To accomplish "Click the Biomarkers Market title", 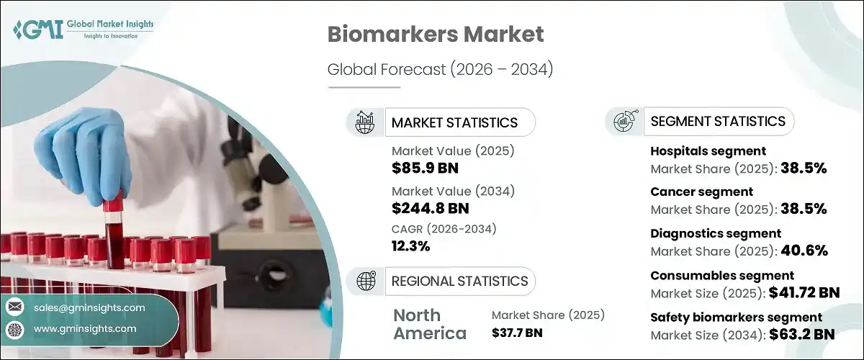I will point(436,35).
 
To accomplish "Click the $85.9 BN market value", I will point(425,169).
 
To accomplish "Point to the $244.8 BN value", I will point(431,209).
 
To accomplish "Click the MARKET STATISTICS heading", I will point(454,122).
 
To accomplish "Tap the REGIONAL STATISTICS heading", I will point(459,281).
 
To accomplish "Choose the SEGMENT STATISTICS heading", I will point(718,121).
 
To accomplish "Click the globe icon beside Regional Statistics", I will point(366,281).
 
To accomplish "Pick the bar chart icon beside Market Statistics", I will point(366,122).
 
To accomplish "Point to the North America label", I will point(429,324).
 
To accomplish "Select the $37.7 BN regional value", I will point(517,333).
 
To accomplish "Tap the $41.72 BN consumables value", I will point(804,292).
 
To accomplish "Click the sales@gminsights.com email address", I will point(89,307).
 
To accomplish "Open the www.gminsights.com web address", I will point(85,328).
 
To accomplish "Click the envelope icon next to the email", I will point(14,307).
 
